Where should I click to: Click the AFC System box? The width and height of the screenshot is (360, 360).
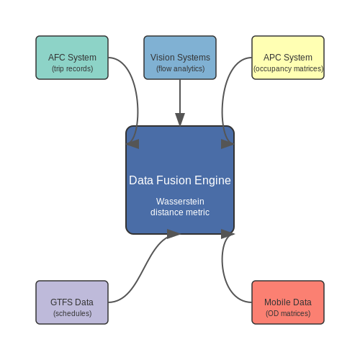pyautogui.click(x=72, y=58)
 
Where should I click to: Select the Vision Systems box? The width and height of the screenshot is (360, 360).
pyautogui.click(x=180, y=58)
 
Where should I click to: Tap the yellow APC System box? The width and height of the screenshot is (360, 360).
pyautogui.click(x=288, y=58)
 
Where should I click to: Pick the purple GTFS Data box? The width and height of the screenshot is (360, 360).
pyautogui.click(x=72, y=302)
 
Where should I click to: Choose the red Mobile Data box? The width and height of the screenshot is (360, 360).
pyautogui.click(x=288, y=302)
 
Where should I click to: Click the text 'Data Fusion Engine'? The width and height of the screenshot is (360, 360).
pyautogui.click(x=180, y=181)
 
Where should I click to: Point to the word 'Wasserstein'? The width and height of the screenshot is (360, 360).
pyautogui.click(x=180, y=202)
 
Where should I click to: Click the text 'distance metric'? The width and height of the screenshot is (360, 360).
pyautogui.click(x=180, y=212)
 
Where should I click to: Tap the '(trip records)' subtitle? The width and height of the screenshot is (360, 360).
pyautogui.click(x=73, y=69)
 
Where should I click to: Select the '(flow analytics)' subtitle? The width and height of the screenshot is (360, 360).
pyautogui.click(x=181, y=69)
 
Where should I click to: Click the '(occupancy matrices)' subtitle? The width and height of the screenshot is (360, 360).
pyautogui.click(x=288, y=69)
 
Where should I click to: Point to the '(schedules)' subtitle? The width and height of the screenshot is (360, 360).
pyautogui.click(x=73, y=313)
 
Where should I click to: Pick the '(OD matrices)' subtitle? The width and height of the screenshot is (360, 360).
pyautogui.click(x=288, y=313)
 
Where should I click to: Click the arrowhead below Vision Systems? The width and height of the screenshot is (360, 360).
pyautogui.click(x=180, y=120)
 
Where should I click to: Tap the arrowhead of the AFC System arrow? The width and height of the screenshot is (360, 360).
pyautogui.click(x=132, y=144)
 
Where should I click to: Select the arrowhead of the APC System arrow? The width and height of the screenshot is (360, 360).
pyautogui.click(x=228, y=144)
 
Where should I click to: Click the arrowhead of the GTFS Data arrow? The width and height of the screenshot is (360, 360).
pyautogui.click(x=174, y=234)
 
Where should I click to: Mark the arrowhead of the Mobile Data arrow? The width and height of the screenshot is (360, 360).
pyautogui.click(x=228, y=234)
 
